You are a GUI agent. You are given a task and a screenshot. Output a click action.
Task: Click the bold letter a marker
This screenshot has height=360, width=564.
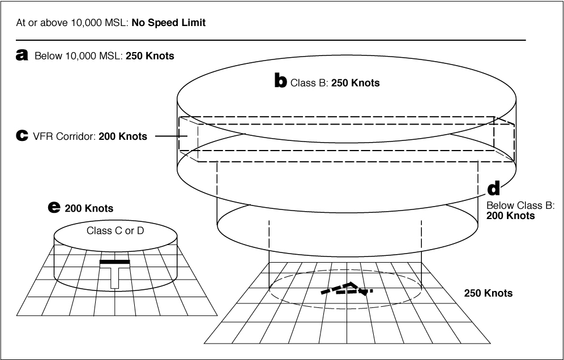[x=23, y=55]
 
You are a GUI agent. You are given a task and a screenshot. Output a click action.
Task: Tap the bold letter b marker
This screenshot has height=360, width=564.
[x=280, y=82]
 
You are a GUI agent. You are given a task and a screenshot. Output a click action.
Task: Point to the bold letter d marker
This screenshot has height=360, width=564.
[x=493, y=188]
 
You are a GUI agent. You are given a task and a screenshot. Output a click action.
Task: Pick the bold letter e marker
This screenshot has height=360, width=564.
[x=54, y=208]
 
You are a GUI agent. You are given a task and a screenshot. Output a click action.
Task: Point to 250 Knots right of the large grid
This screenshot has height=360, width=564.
[x=488, y=293]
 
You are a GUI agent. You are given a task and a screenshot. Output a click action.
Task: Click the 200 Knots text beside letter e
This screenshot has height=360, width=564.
[x=89, y=208]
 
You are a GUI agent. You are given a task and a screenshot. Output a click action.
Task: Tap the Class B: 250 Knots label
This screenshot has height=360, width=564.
[x=335, y=83]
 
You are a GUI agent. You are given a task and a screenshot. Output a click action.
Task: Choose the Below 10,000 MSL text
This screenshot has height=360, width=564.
[x=76, y=56]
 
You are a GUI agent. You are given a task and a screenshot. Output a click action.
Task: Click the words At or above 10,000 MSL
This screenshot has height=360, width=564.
[x=74, y=23]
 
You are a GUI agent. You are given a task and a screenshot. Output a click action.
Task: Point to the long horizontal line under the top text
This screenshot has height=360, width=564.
[x=272, y=40]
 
